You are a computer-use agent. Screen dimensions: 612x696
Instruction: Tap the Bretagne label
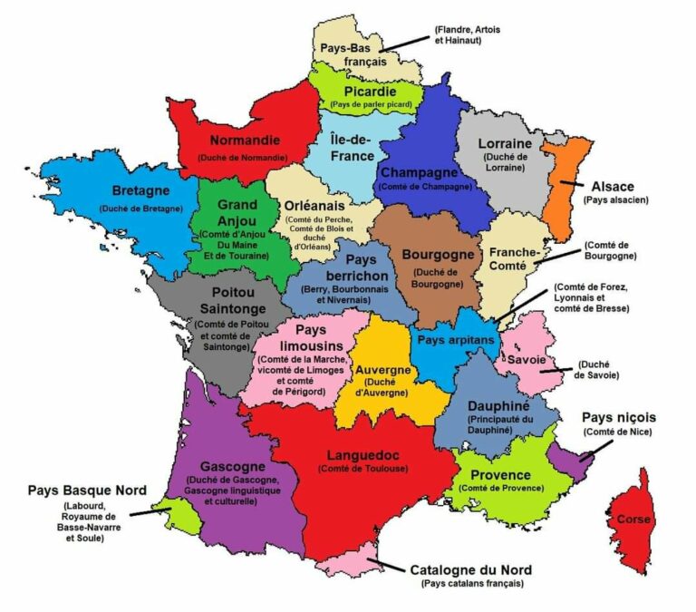(140, 191)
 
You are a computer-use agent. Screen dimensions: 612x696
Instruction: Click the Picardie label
(371, 92)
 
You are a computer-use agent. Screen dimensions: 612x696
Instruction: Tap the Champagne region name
(424, 172)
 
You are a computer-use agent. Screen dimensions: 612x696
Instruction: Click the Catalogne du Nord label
(471, 570)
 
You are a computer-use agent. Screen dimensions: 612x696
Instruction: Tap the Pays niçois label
(618, 418)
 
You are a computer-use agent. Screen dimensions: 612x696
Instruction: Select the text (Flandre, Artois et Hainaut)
(467, 35)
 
